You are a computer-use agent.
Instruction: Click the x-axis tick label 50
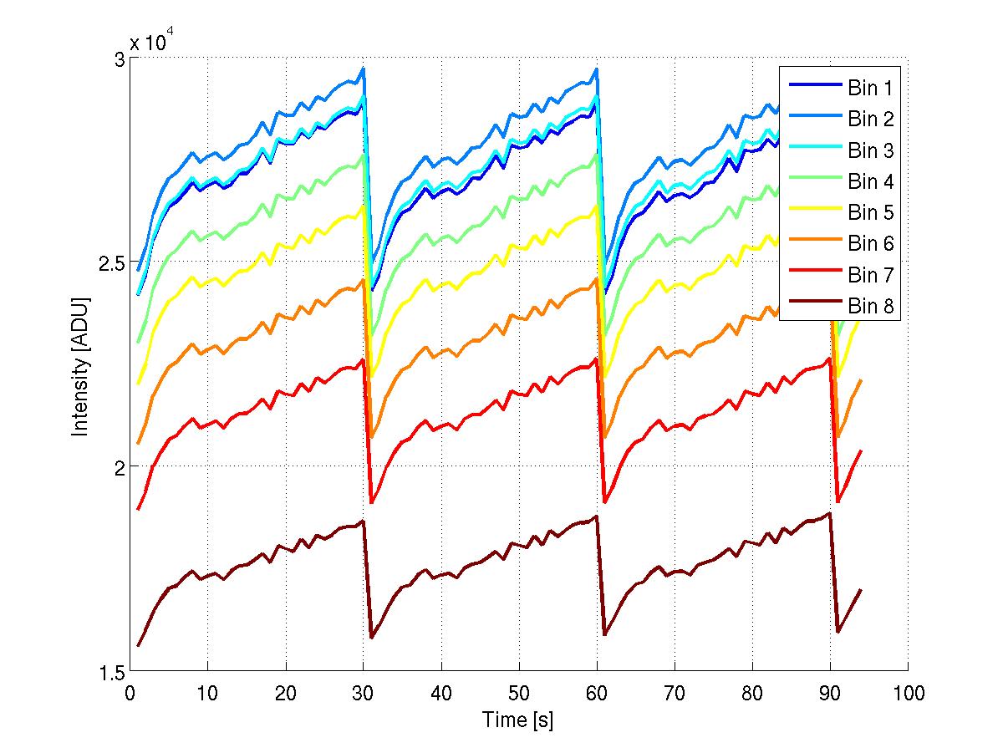pos(519,693)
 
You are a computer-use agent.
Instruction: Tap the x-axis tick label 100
pos(908,693)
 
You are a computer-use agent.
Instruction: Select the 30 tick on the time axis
pos(364,693)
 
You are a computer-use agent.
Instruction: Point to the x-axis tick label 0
pos(130,693)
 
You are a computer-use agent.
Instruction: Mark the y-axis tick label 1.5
pos(108,672)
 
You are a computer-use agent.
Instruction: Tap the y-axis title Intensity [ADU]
pos(80,366)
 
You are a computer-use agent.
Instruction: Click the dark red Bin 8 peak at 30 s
pos(363,522)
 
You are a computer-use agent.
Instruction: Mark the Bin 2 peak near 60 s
pos(596,69)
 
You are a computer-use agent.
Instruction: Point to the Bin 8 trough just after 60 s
pos(604,634)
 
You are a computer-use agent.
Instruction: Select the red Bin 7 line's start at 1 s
pos(138,508)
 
